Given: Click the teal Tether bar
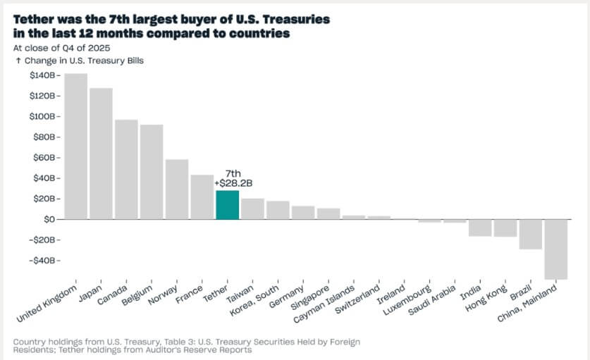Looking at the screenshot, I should pos(228,205).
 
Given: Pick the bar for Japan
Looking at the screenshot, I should pos(101,154).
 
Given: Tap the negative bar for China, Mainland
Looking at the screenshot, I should pos(556,249).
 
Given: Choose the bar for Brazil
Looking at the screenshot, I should pos(531,235).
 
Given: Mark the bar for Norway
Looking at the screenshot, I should pos(177,190).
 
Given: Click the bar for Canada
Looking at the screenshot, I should pos(126,170).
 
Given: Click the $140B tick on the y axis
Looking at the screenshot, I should pos(43,75).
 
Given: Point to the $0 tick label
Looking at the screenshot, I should pos(49,219).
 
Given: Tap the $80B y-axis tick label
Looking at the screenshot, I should pos(44,137).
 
